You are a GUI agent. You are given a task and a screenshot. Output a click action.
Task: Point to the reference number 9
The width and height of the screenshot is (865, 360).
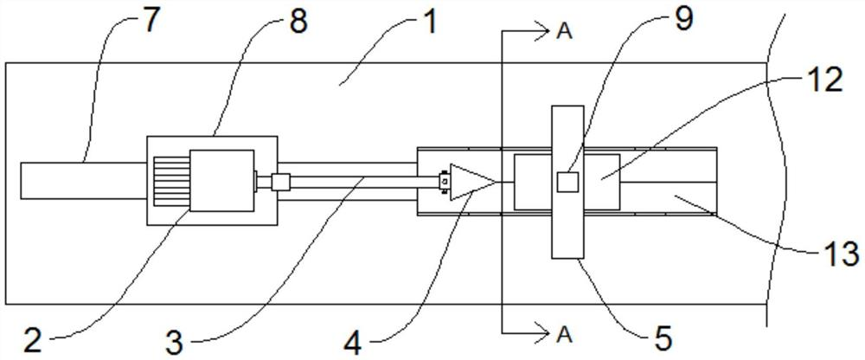tap(683, 19)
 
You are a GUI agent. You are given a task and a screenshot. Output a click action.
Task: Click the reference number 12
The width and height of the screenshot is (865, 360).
tap(827, 80)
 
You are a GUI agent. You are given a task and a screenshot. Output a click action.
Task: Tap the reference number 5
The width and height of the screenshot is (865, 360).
tap(663, 338)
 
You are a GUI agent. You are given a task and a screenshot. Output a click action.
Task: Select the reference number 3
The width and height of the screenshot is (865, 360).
tap(174, 342)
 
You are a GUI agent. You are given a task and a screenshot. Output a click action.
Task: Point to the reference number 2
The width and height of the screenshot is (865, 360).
tap(32, 340)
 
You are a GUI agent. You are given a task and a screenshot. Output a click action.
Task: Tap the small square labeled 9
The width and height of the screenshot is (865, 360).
tap(567, 182)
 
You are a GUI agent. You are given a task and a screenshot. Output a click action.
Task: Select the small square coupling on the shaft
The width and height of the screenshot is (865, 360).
tap(279, 182)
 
